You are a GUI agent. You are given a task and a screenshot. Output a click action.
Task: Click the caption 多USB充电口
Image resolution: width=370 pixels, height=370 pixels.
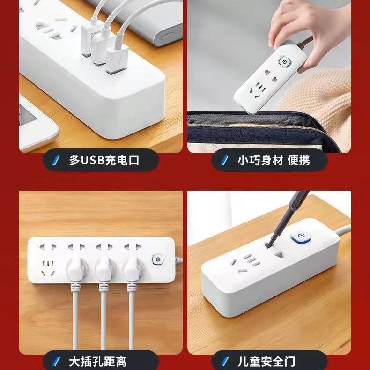pyautogui.click(x=104, y=161)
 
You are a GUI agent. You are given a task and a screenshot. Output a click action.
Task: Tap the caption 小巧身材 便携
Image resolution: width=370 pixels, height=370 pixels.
pyautogui.click(x=274, y=161)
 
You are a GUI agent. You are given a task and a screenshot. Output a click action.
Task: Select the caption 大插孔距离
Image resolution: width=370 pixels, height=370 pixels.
pyautogui.click(x=98, y=362)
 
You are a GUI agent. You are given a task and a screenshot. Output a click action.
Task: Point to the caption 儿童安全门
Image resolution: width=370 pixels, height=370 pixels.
pyautogui.click(x=266, y=362)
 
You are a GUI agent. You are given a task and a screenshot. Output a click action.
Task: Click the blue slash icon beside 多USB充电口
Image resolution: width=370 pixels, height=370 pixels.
pyautogui.click(x=56, y=161)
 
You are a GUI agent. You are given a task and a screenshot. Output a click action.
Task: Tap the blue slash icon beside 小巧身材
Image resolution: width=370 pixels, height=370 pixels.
pyautogui.click(x=225, y=161)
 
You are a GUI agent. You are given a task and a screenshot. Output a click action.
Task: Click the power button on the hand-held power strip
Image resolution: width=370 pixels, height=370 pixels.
pyautogui.click(x=284, y=62)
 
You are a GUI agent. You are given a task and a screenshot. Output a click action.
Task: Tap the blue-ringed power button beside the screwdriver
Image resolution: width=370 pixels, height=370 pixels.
pyautogui.click(x=301, y=237)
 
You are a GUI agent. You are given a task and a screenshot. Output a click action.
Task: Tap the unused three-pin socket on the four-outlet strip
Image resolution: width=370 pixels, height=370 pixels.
pyautogui.click(x=48, y=268)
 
